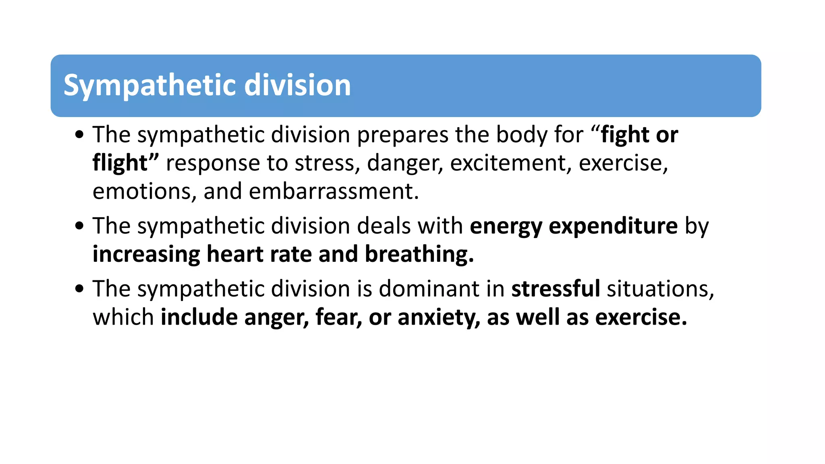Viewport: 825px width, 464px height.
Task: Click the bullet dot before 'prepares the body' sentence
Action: point(79,135)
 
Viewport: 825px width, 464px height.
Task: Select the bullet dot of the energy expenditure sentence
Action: point(79,226)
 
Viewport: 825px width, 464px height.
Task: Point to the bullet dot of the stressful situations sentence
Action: point(79,288)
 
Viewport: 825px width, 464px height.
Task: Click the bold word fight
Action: point(625,135)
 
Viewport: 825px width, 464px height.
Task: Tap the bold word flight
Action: point(120,163)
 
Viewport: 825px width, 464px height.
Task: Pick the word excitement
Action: point(510,163)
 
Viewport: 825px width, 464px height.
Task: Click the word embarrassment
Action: point(334,191)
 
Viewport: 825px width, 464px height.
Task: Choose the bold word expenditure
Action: point(613,226)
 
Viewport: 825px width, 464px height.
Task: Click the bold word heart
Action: point(235,254)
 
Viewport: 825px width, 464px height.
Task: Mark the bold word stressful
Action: point(556,289)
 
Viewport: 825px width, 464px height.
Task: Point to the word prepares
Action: point(403,135)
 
